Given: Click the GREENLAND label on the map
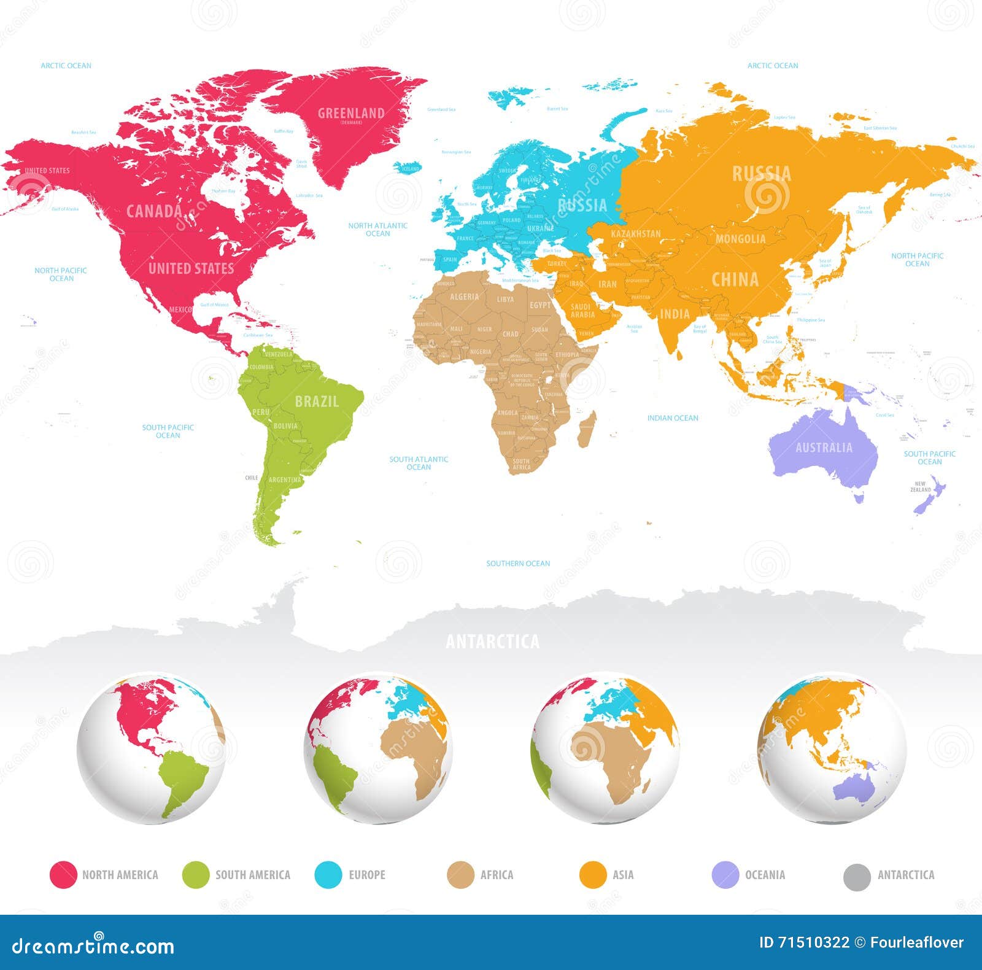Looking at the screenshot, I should point(351,113).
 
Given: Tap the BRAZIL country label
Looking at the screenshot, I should point(317,402).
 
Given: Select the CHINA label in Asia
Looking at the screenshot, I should point(735,280).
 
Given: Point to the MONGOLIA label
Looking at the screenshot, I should point(741,239).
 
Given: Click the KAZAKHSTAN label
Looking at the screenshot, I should point(636,234).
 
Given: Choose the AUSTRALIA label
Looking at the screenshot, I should point(824,448).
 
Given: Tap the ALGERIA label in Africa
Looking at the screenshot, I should point(465,297).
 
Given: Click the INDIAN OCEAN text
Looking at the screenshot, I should point(673,418).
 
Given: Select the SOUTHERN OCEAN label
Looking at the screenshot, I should point(518,564).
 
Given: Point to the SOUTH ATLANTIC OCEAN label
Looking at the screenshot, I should point(419,463).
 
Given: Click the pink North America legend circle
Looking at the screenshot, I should point(63,875).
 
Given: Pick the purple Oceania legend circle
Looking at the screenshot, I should point(725,875).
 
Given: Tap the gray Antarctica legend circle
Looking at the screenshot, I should point(857,877).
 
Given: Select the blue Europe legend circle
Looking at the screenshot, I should point(328,875).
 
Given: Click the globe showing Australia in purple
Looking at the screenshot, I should point(832,749).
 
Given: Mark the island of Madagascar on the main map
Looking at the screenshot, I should point(587,429).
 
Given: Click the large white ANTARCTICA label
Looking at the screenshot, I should point(492,642).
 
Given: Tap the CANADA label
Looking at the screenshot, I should point(154,211).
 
